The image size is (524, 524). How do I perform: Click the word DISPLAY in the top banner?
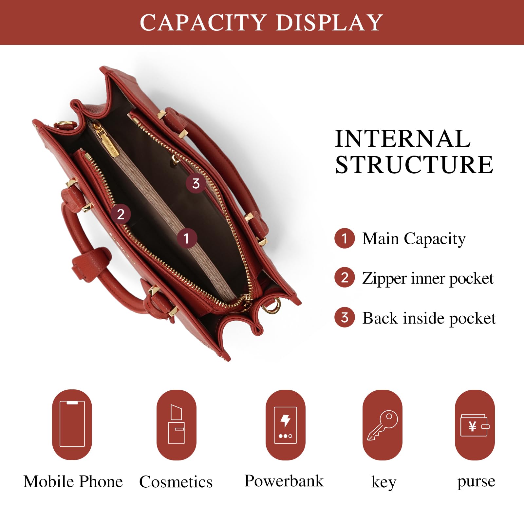point(329,23)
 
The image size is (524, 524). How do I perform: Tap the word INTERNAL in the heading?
point(402,139)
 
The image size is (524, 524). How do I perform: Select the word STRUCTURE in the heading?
point(414,165)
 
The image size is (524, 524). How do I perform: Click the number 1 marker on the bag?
point(187,238)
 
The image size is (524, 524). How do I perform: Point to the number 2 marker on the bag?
point(121,214)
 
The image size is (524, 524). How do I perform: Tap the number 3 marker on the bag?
point(196,183)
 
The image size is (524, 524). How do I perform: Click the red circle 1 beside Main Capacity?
point(345,238)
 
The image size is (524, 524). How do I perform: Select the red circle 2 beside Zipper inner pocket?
point(345,278)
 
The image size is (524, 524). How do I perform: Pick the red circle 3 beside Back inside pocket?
point(345,317)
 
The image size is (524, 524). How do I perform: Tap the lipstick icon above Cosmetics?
point(176,424)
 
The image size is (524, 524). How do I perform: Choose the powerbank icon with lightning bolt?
point(285,425)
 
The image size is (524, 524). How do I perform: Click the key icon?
point(383,425)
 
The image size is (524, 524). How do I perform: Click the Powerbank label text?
point(284,481)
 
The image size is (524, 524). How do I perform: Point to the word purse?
point(476,481)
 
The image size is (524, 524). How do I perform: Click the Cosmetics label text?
point(176,482)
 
